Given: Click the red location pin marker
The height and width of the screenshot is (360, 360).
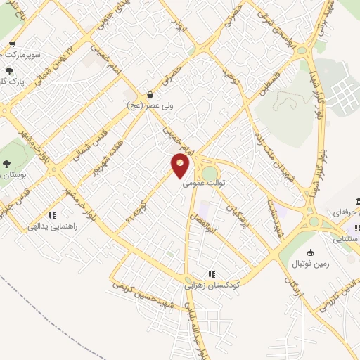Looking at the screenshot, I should coord(180,166).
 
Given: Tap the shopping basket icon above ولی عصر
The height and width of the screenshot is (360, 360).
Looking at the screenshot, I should coord(150,94).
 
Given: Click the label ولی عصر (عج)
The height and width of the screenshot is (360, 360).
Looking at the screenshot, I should coord(150,105).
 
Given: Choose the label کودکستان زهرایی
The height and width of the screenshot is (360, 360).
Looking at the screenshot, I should coord(212,285).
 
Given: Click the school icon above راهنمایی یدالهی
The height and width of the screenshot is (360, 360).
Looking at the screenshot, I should coord(51,215).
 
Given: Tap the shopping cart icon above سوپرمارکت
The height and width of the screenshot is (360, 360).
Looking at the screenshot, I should coord(12,44).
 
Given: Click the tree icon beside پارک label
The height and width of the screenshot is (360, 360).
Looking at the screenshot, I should coord(8,71).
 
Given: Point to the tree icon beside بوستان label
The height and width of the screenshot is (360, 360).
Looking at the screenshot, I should coord(6,164).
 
